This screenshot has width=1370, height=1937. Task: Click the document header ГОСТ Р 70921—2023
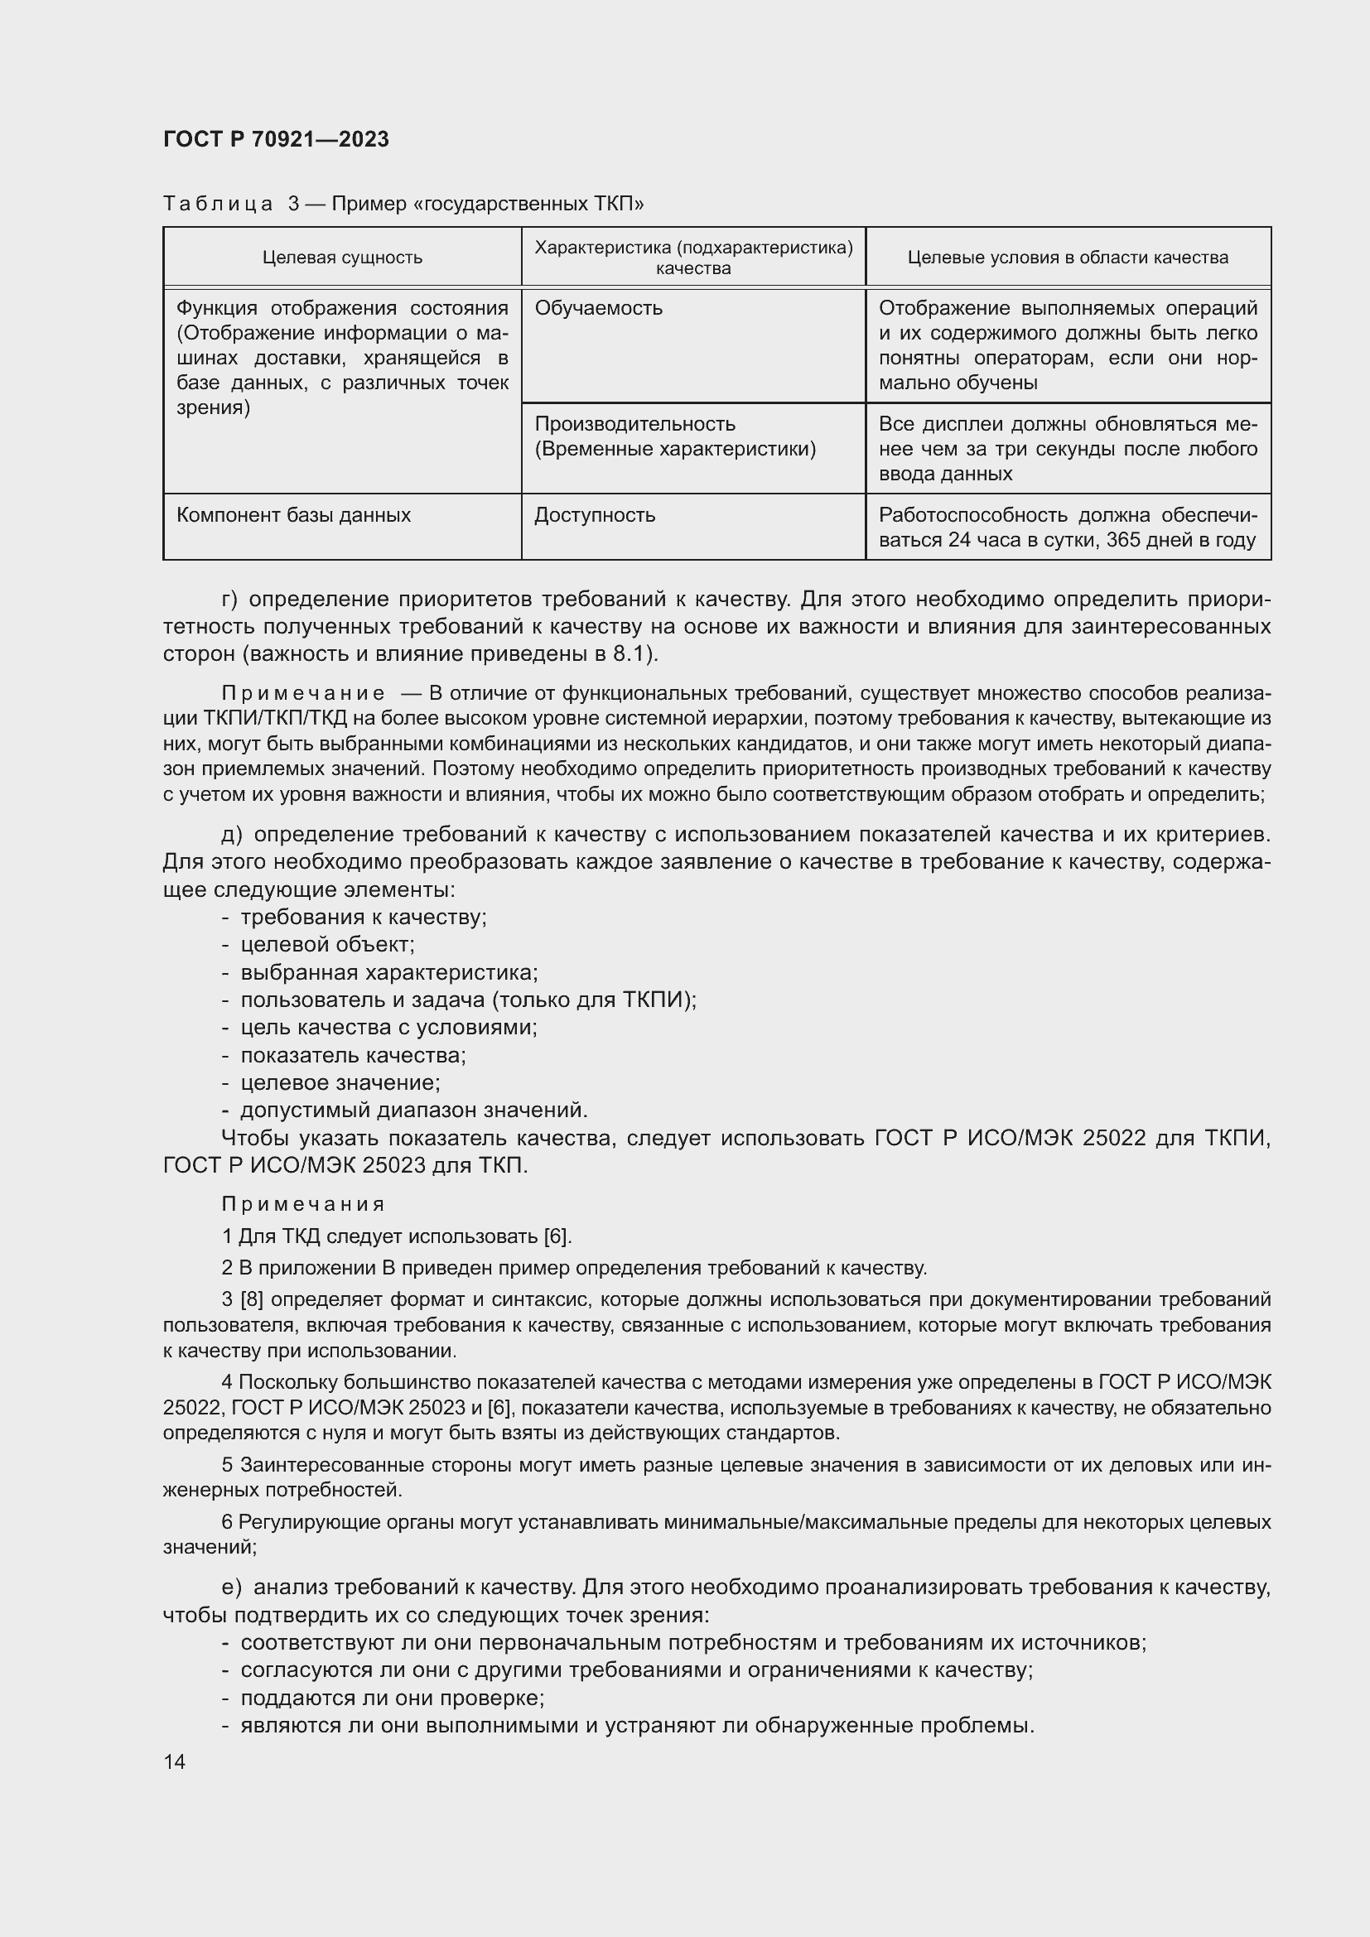[x=276, y=139]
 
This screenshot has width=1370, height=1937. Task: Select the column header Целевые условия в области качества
[x=1067, y=258]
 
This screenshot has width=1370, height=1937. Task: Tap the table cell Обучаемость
[x=598, y=308]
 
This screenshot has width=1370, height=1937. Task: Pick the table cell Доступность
[x=595, y=514]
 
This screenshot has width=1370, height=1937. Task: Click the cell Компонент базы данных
[x=293, y=514]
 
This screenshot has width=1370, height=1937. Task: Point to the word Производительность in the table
[x=634, y=423]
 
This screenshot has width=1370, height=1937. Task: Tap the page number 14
[x=175, y=1761]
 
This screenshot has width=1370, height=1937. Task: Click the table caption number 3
[x=293, y=204]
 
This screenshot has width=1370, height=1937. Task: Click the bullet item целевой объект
[x=327, y=944]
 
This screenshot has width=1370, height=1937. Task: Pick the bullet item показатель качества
[x=353, y=1054]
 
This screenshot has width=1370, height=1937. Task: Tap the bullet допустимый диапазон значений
[x=413, y=1110]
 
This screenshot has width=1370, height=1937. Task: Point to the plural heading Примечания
[x=303, y=1204]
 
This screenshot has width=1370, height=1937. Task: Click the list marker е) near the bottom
[x=231, y=1587]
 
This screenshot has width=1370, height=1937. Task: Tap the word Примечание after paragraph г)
[x=303, y=693]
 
